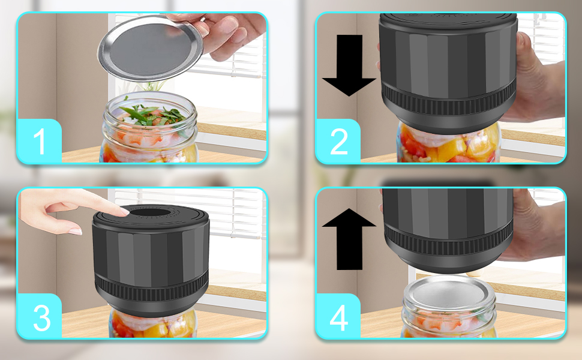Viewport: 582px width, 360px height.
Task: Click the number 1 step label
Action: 40,142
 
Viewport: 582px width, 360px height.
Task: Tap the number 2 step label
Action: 338,142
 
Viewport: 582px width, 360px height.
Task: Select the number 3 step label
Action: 41,317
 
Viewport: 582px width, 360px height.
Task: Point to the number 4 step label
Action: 339,317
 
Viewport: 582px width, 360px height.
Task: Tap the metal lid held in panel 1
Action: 150,48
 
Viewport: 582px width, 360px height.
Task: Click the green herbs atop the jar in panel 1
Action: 153,113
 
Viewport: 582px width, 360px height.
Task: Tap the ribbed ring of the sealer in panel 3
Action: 150,287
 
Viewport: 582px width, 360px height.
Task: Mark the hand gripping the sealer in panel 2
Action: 537,78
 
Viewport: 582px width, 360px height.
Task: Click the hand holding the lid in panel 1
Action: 231,33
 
